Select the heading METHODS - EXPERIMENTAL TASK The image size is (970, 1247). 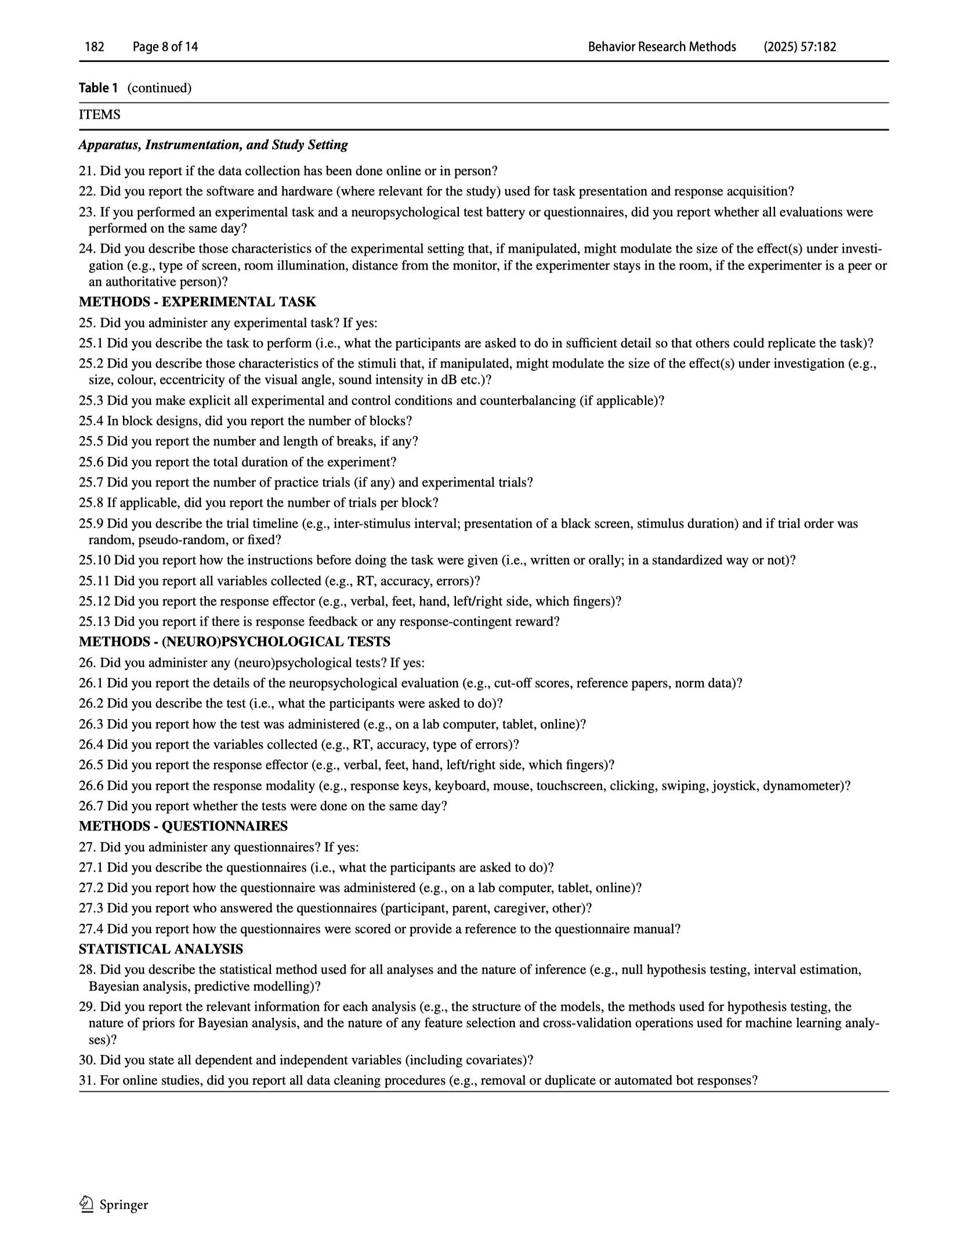click(x=197, y=302)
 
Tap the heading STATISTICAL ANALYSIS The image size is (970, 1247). click(x=161, y=949)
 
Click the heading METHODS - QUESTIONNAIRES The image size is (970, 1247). click(x=183, y=826)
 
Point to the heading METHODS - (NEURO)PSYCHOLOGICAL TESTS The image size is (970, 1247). click(x=234, y=641)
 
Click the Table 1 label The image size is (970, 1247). click(x=98, y=88)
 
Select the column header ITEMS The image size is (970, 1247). click(x=100, y=115)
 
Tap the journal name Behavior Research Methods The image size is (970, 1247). click(x=661, y=47)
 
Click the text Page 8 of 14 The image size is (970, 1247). click(x=165, y=47)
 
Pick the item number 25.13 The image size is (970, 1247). click(x=94, y=622)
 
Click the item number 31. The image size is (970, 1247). click(x=88, y=1081)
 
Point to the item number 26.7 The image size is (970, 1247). click(x=91, y=806)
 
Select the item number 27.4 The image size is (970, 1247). click(x=91, y=929)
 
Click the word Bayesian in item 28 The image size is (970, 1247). click(x=113, y=986)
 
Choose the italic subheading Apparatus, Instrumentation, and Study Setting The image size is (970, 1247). click(x=213, y=145)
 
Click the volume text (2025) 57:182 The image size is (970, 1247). click(x=799, y=47)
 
